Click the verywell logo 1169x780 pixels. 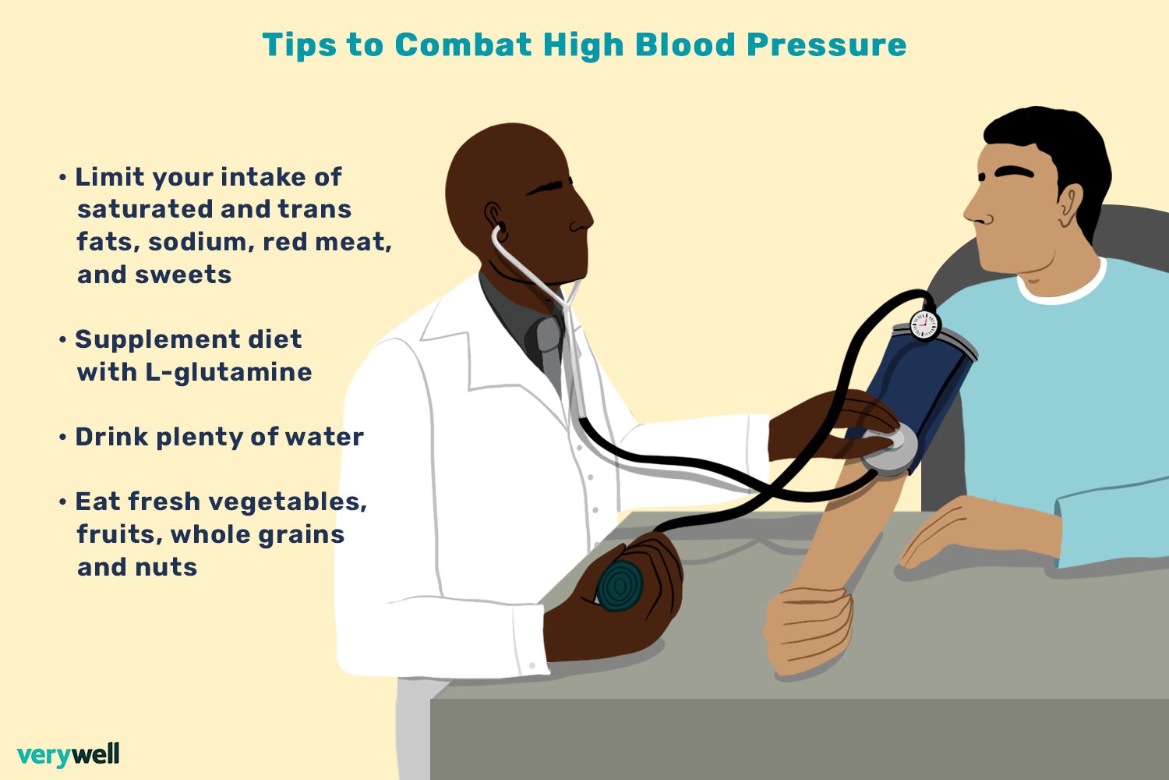[x=69, y=755]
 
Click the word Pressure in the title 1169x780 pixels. [x=827, y=45]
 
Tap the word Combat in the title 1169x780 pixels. [x=464, y=44]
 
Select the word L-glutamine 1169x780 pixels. [x=228, y=373]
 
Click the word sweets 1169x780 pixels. [x=182, y=275]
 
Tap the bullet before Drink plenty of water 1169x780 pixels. [x=62, y=438]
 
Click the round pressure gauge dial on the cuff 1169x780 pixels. [x=925, y=325]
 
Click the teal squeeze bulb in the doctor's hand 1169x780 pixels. [x=620, y=584]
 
